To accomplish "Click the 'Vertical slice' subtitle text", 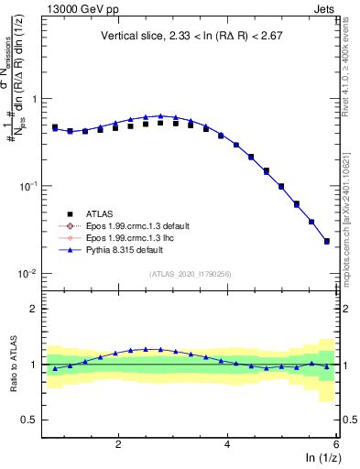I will click(x=189, y=37).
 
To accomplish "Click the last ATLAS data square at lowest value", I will click(x=327, y=241).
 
